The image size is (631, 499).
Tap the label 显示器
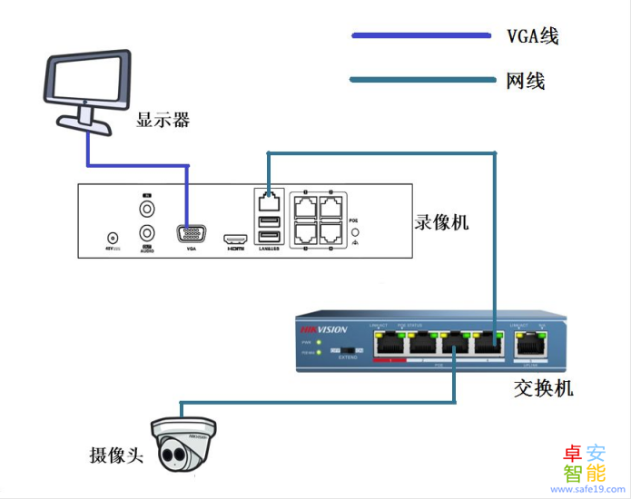163,120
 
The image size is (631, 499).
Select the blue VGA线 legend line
421,35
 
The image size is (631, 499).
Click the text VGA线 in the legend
532,36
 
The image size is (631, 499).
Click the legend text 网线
525,81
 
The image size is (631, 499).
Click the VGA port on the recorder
191,234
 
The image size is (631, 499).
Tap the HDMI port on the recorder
236,234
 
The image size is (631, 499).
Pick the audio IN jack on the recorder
145,208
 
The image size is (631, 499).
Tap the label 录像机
441,221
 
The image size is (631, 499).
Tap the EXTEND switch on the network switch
346,350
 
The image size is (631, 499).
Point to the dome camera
184,444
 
